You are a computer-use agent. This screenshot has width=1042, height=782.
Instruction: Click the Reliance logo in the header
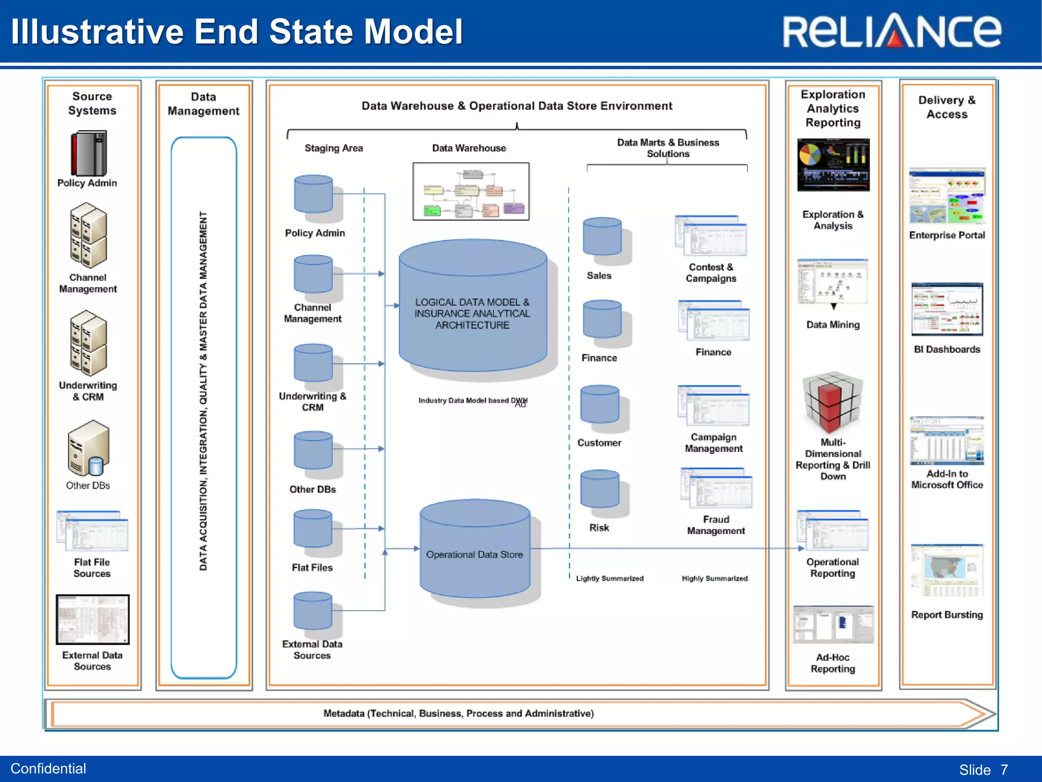[x=891, y=32]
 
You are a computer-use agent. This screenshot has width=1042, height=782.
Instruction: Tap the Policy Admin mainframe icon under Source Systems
[x=89, y=153]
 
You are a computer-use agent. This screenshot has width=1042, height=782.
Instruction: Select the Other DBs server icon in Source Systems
[x=88, y=448]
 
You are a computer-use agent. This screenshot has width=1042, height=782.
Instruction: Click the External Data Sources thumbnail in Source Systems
[x=93, y=620]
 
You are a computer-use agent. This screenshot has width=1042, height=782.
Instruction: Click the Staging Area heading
[x=333, y=148]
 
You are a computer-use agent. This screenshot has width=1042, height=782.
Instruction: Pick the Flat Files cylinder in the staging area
[x=313, y=529]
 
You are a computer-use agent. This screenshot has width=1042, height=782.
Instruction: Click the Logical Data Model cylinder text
[x=472, y=314]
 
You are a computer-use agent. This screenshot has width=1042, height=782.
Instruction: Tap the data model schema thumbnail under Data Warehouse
[x=471, y=191]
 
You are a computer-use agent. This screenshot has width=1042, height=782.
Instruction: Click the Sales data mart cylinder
[x=602, y=237]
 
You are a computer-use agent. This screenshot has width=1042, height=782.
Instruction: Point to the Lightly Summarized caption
[x=610, y=578]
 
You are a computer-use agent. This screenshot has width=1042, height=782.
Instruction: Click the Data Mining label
[x=833, y=325]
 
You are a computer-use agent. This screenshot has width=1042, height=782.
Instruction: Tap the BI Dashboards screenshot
[x=947, y=310]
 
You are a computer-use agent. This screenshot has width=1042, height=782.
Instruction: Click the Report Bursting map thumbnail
[x=947, y=570]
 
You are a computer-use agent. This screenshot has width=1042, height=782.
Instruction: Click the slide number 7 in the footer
[x=1004, y=769]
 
